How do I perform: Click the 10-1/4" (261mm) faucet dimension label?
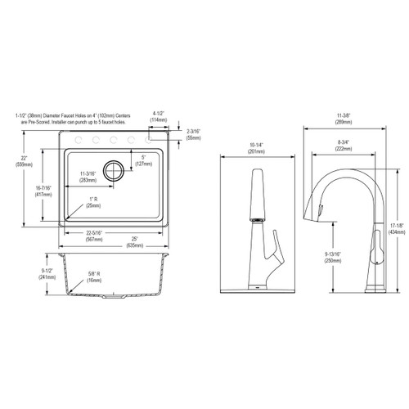[x=254, y=151]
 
